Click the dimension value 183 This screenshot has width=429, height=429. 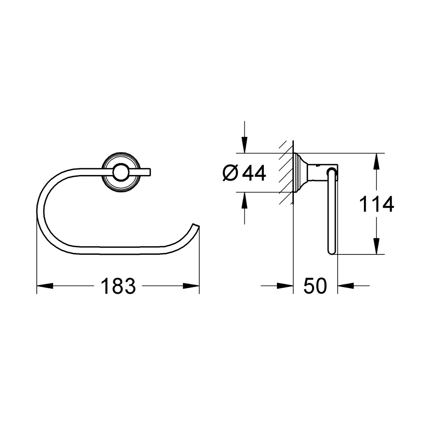pyautogui.click(x=118, y=286)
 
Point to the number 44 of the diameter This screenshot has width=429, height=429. pyautogui.click(x=254, y=173)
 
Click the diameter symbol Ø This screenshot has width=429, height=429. pyautogui.click(x=230, y=173)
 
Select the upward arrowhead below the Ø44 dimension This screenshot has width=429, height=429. pyautogui.click(x=244, y=200)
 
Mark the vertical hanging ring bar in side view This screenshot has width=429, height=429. pyautogui.click(x=331, y=212)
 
